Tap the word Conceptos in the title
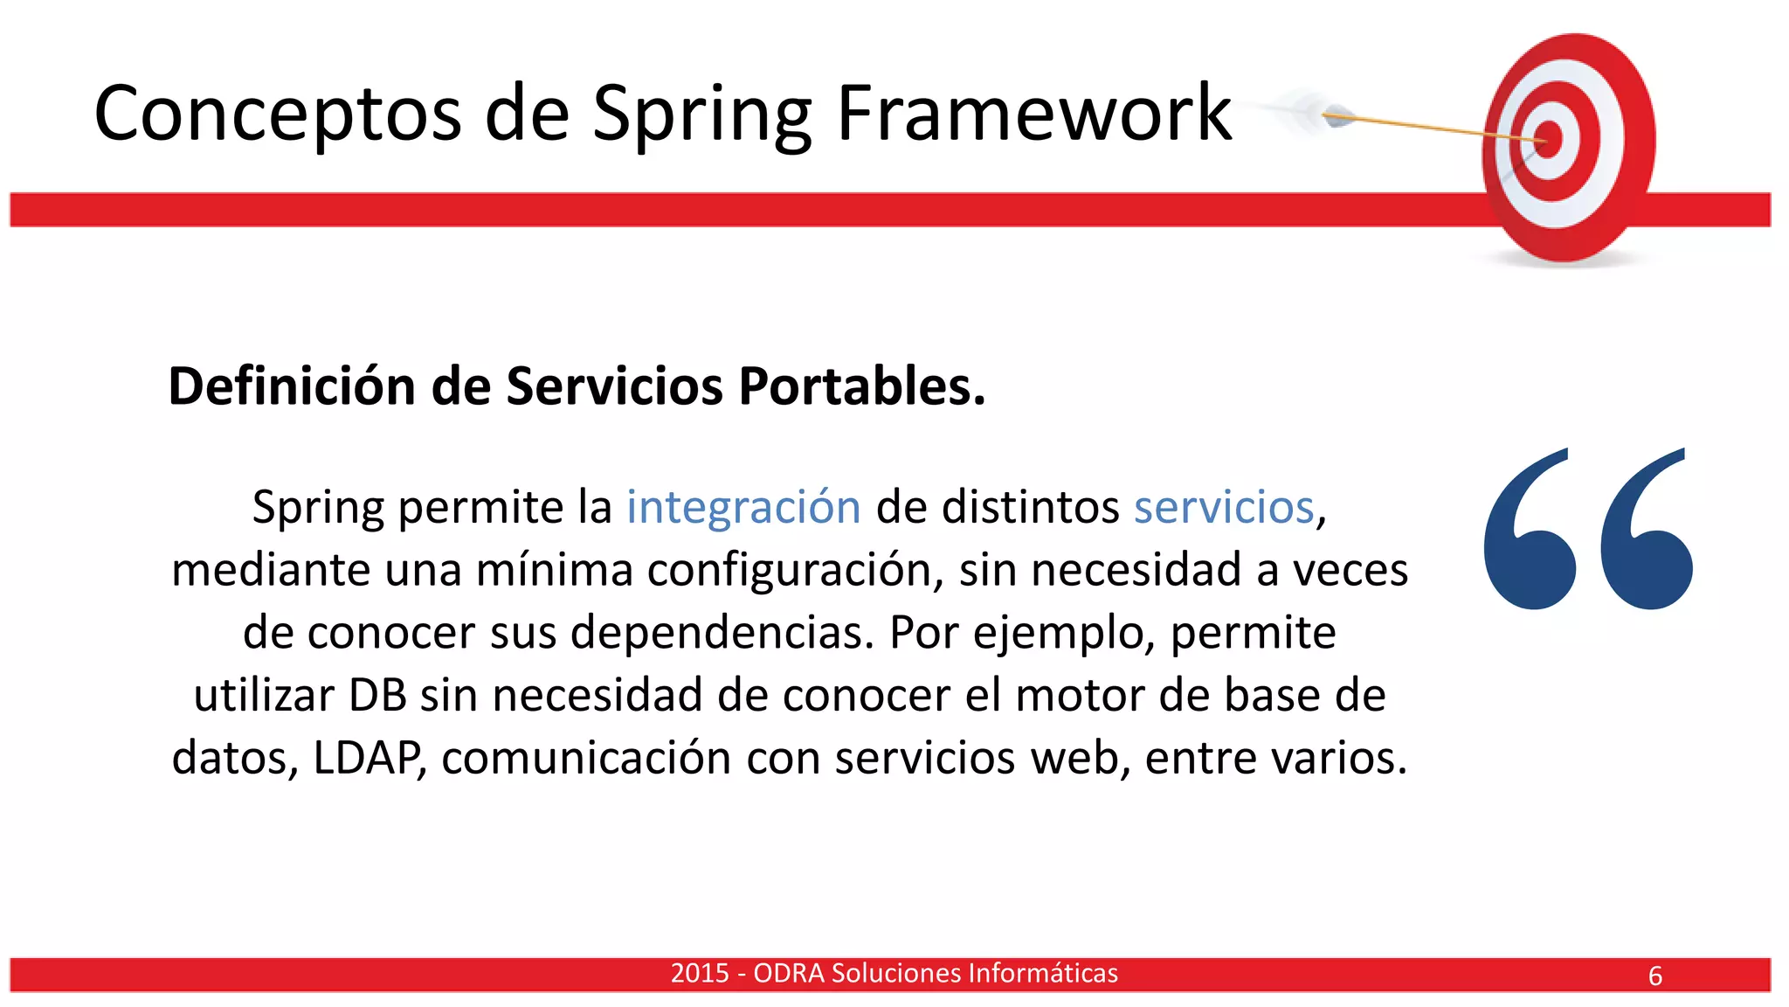coord(278,114)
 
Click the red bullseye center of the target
coord(1548,139)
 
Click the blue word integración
coord(743,507)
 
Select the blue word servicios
coord(1224,507)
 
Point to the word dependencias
coord(722,632)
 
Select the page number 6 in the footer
coord(1654,976)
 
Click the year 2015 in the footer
coord(699,973)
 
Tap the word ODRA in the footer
coord(788,973)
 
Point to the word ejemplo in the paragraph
coord(1064,633)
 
